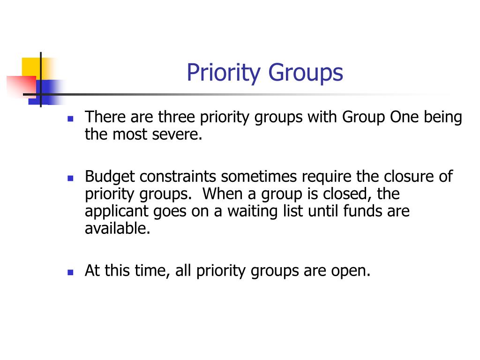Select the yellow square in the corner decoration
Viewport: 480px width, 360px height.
[x=30, y=66]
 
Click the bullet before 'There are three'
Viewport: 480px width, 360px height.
[x=70, y=119]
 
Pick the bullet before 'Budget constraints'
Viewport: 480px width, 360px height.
[x=70, y=179]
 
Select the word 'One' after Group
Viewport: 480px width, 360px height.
[x=405, y=117]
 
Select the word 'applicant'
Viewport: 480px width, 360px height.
[x=117, y=211]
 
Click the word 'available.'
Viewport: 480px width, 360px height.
[x=118, y=229]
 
